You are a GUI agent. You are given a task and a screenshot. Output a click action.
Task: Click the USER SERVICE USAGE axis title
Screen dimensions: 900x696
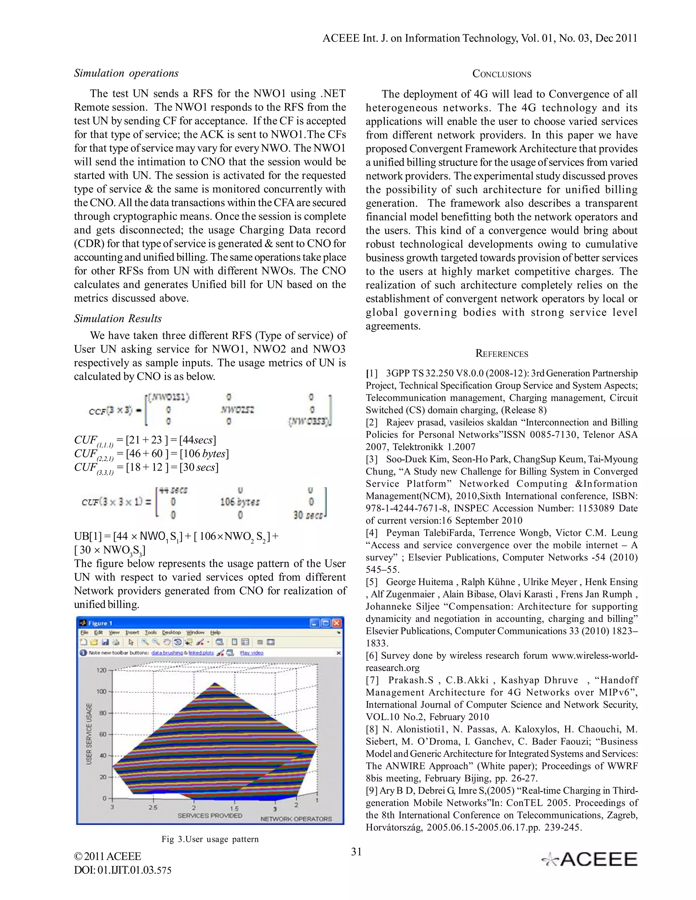point(89,740)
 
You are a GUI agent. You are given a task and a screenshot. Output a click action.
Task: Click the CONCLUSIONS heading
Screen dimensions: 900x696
point(501,74)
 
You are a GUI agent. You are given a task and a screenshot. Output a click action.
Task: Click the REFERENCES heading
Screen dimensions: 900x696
point(501,354)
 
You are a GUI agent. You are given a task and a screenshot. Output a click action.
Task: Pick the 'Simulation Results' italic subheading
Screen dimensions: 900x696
point(118,319)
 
